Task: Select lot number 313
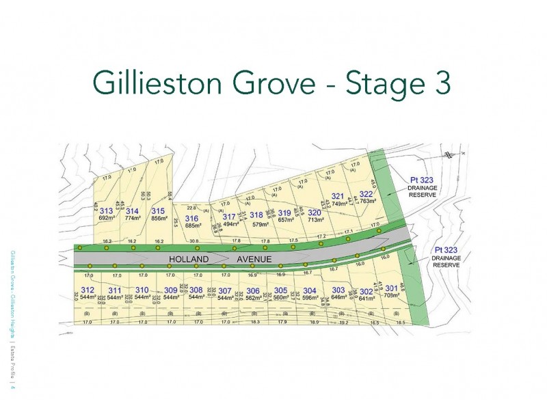[x=106, y=211]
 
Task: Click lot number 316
[x=191, y=218]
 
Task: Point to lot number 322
[x=366, y=193]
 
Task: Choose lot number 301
[x=391, y=288]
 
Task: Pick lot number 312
[x=87, y=290]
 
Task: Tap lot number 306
[x=253, y=290]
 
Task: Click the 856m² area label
[x=159, y=218]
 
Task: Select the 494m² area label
[x=232, y=224]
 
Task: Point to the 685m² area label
[x=195, y=225]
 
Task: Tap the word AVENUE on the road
[x=254, y=260]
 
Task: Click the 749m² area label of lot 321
[x=340, y=203]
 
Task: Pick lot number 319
[x=284, y=213]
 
